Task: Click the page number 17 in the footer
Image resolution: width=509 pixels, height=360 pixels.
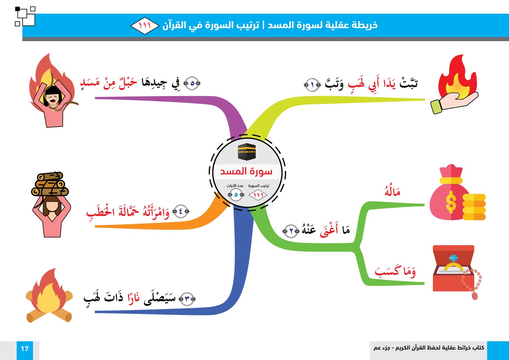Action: (x=24, y=349)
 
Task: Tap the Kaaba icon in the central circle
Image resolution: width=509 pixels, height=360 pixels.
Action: (x=247, y=152)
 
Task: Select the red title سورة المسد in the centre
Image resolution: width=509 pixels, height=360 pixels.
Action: (x=246, y=171)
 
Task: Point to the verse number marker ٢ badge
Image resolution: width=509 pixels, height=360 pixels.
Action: (x=291, y=231)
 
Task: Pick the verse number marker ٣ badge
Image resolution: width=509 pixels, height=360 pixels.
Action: (x=187, y=299)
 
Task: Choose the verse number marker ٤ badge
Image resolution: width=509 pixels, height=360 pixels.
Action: (x=181, y=212)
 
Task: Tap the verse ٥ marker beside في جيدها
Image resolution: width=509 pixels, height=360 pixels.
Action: (x=192, y=83)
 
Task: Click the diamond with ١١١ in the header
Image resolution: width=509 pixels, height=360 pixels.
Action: (x=145, y=25)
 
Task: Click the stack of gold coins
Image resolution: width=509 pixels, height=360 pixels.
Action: (x=474, y=207)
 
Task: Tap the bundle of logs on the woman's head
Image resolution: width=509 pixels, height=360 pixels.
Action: (x=50, y=184)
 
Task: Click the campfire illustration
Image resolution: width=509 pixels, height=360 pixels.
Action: (x=49, y=295)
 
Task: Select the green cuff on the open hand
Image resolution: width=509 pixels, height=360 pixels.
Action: (x=436, y=107)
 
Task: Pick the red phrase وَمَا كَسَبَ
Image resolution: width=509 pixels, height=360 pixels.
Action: (x=395, y=272)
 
